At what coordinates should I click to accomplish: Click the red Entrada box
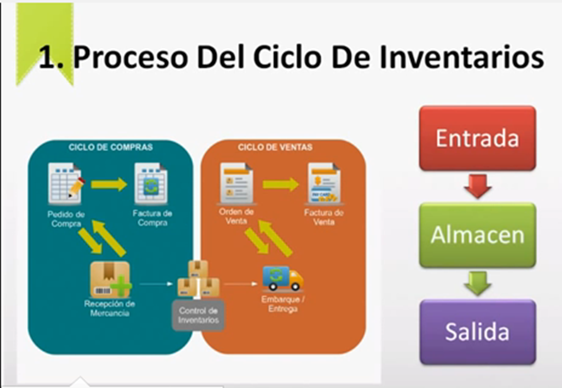coord(477,138)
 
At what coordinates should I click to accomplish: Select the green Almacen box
coord(477,235)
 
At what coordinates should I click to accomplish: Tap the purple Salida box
coord(477,332)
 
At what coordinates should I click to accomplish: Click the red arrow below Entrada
coord(477,186)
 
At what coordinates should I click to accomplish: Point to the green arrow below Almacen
coord(477,283)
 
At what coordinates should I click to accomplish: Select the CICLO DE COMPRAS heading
coord(111,147)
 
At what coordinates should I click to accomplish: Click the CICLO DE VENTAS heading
coord(275,147)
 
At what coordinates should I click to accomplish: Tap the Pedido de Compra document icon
coord(66,183)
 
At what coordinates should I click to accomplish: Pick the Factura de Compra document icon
coord(151,183)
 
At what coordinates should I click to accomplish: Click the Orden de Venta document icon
coord(236,183)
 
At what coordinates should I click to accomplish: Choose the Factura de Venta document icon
coord(324,183)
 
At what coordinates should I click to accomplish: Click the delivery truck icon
coord(283,278)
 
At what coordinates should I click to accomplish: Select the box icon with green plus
coord(111,280)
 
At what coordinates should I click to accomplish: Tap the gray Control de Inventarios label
coord(198,315)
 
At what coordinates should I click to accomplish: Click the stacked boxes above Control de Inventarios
coord(199,279)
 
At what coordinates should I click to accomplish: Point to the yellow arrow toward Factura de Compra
coord(109,184)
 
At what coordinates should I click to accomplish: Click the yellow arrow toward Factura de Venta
coord(280,184)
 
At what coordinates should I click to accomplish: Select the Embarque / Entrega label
coord(283,304)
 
